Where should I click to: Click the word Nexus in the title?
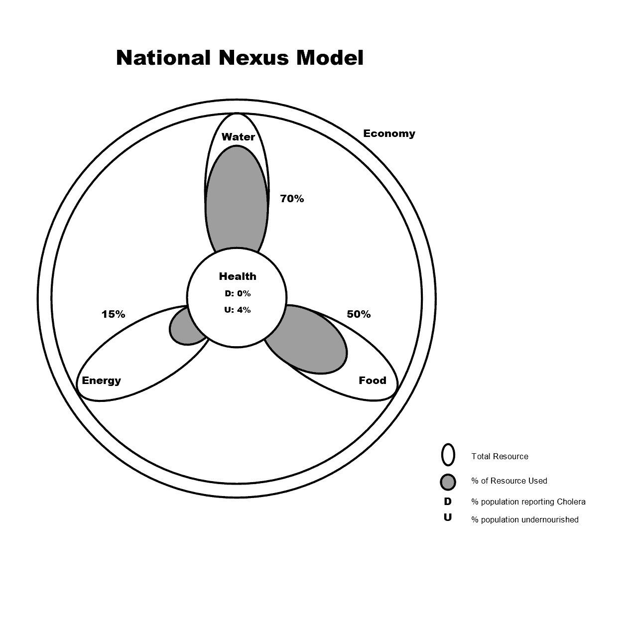click(x=253, y=58)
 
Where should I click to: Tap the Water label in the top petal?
click(x=238, y=137)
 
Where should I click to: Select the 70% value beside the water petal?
click(x=292, y=199)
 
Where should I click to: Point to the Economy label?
click(x=389, y=133)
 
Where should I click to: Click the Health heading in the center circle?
click(x=238, y=276)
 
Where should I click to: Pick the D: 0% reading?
click(x=238, y=293)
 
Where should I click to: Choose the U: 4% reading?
click(x=238, y=310)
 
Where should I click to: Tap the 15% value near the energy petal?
click(x=113, y=314)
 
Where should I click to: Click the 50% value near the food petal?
click(x=359, y=314)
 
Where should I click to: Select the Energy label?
click(x=101, y=381)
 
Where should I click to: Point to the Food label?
click(x=373, y=381)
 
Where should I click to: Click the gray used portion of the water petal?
click(x=237, y=199)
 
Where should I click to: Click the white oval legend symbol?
click(x=448, y=455)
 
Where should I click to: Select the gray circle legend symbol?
click(x=448, y=482)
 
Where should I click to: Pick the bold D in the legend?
click(x=448, y=502)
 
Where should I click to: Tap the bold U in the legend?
click(x=448, y=517)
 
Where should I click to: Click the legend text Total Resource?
click(x=500, y=456)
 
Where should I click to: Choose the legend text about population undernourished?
click(x=524, y=519)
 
